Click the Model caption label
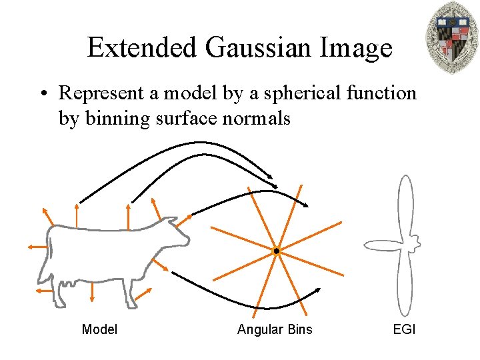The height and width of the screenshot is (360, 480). [x=99, y=329]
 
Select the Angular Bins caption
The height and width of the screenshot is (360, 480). [x=275, y=329]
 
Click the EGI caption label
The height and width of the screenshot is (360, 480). [x=404, y=329]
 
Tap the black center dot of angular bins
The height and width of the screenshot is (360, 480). [x=276, y=251]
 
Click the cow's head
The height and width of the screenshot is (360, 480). [x=175, y=234]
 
